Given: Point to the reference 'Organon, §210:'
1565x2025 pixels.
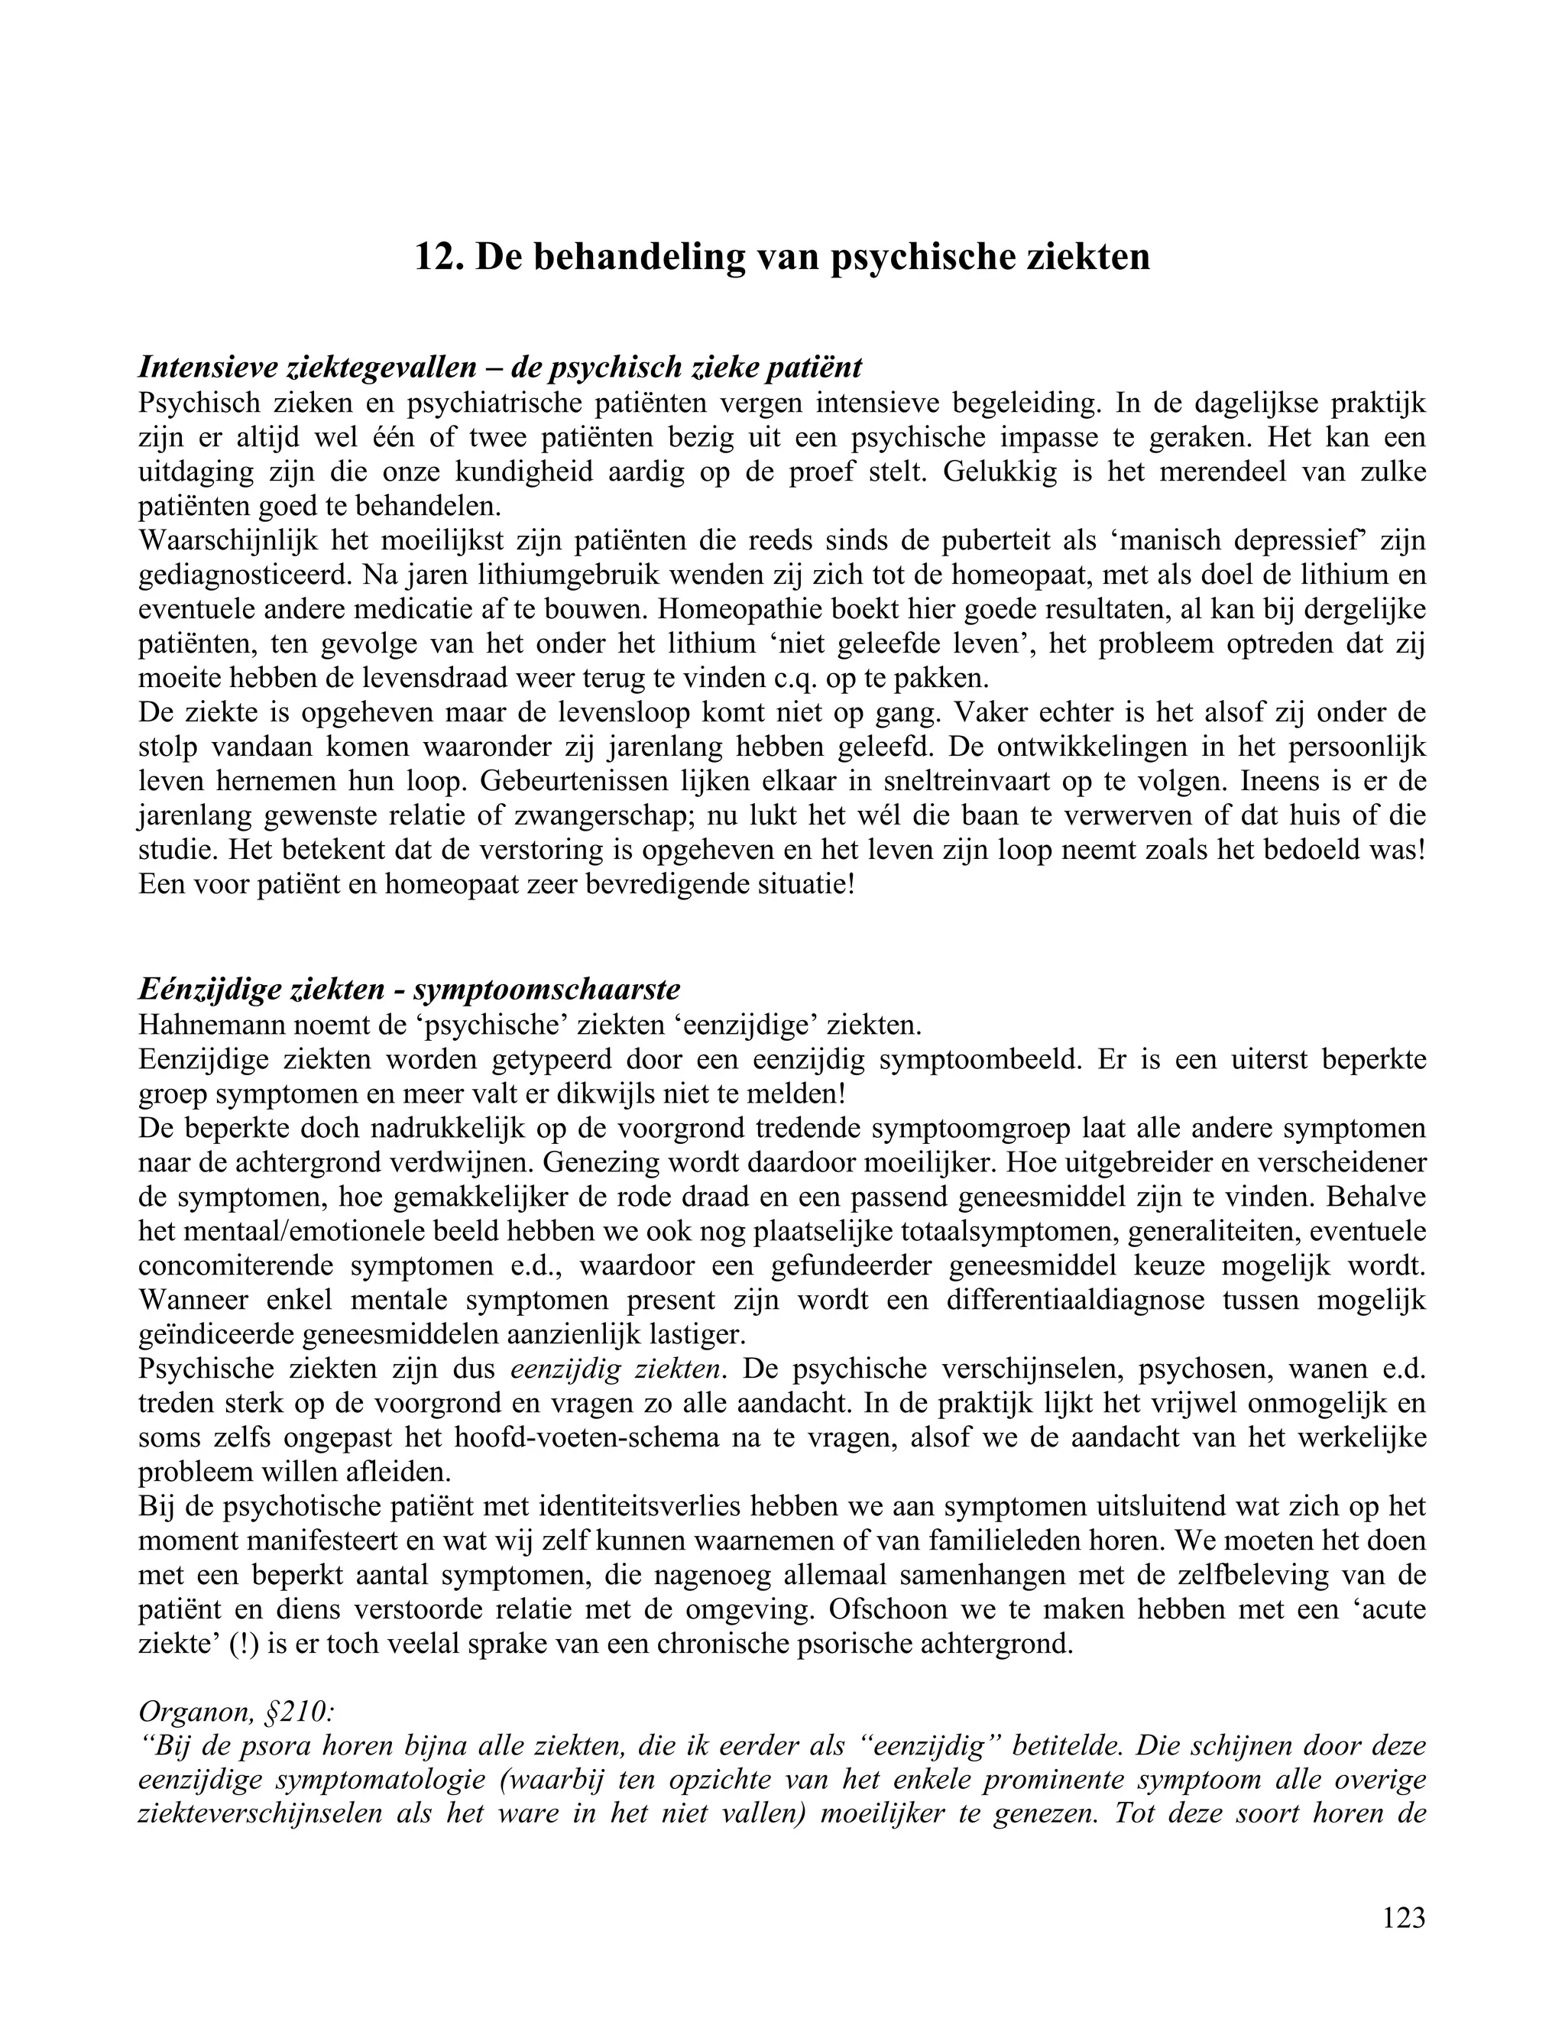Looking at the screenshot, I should [x=234, y=1712].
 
